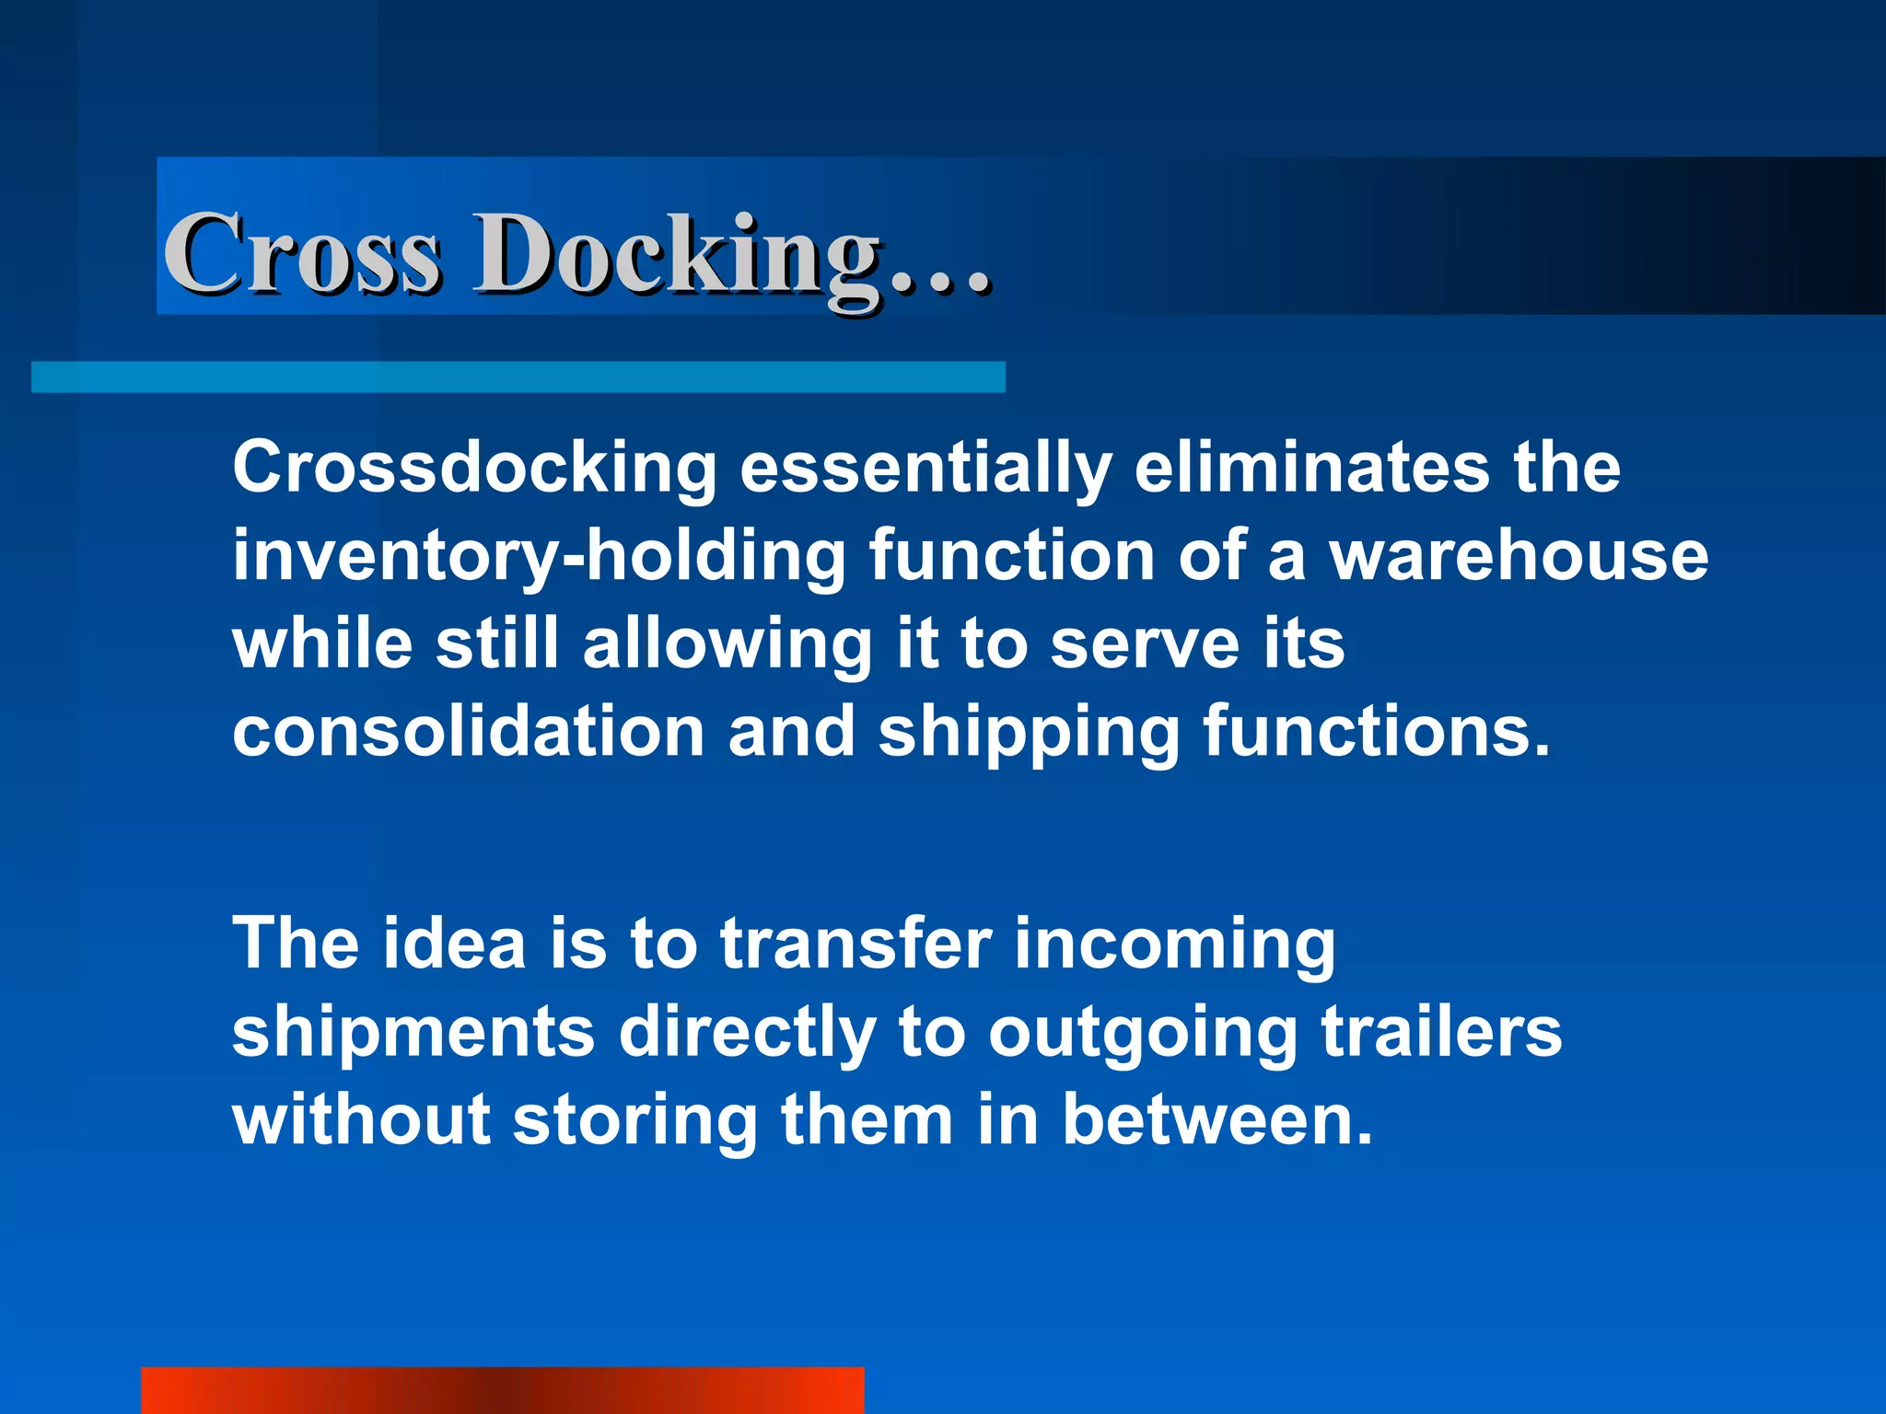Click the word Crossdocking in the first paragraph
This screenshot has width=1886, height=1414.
(474, 468)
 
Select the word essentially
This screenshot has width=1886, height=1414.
(925, 468)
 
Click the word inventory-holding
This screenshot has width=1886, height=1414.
(539, 556)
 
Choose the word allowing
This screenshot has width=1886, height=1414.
(728, 644)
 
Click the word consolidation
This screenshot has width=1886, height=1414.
(468, 731)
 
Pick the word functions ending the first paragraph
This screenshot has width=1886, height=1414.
(1376, 731)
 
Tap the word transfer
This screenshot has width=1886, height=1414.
(856, 943)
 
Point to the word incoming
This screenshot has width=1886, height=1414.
(1174, 945)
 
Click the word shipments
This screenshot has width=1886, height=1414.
(413, 1031)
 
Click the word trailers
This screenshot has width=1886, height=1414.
(1441, 1031)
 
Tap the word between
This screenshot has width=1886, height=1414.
(1217, 1119)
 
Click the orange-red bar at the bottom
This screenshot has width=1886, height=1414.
(502, 1390)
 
